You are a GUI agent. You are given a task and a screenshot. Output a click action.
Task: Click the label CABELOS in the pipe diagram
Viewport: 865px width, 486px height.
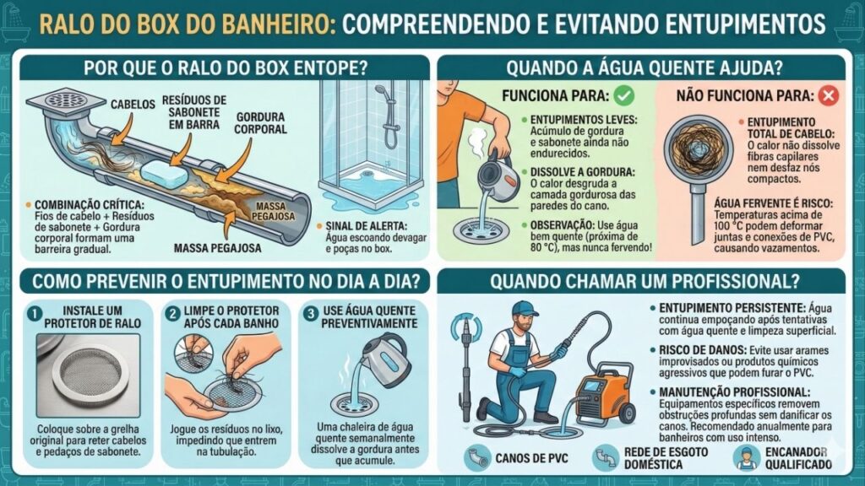point(132,105)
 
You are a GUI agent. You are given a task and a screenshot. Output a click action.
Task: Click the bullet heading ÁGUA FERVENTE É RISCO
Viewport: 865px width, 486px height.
point(748,202)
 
